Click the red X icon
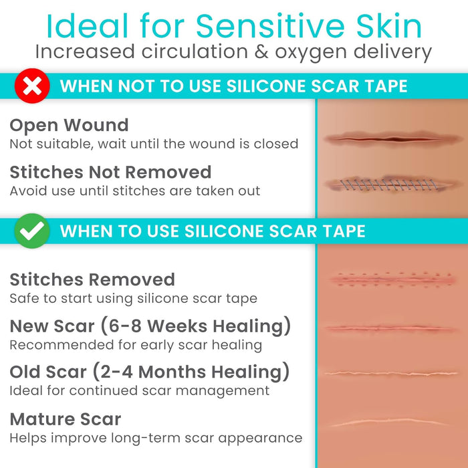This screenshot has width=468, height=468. click(x=32, y=86)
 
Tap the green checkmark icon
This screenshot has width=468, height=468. click(x=32, y=231)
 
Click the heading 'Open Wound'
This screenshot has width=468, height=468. click(x=69, y=125)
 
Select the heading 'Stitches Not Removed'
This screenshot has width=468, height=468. click(x=110, y=172)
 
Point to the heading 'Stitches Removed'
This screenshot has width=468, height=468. click(x=92, y=279)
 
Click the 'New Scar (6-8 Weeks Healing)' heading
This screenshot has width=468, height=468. click(x=150, y=326)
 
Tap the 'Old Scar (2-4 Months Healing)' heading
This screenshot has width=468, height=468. click(x=150, y=371)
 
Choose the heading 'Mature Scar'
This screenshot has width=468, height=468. click(x=66, y=419)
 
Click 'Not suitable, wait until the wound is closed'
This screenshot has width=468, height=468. click(x=154, y=144)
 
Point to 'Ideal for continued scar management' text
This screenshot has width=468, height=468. click(x=139, y=390)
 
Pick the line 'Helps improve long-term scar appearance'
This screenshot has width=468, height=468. click(x=156, y=438)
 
